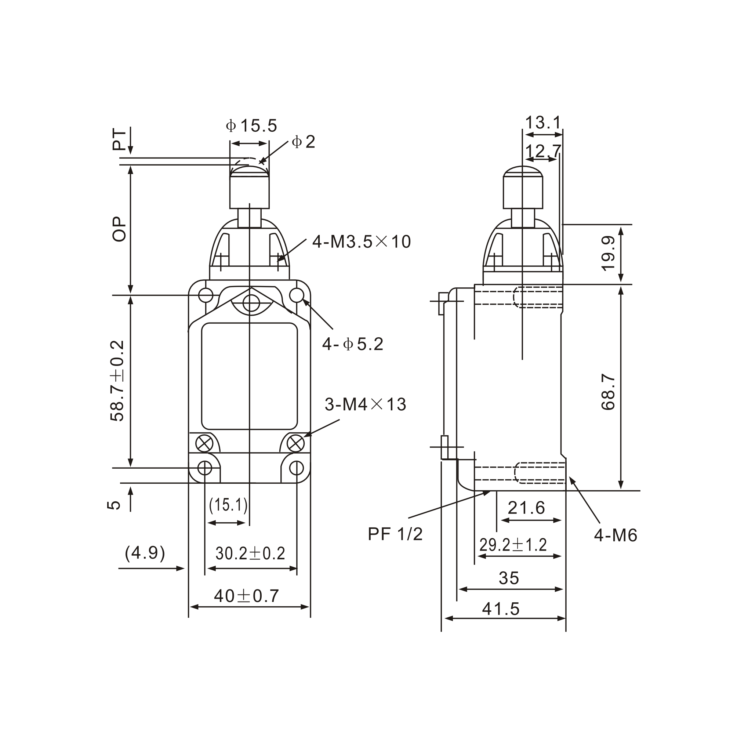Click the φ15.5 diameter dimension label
(x=252, y=126)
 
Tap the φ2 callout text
(x=304, y=142)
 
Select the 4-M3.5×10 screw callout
(x=361, y=242)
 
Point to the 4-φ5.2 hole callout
(x=353, y=344)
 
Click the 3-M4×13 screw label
(x=365, y=404)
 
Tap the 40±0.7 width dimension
(x=246, y=596)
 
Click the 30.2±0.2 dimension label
(x=250, y=553)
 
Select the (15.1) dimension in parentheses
(x=228, y=505)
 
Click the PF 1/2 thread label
(x=395, y=534)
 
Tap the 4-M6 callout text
(x=616, y=535)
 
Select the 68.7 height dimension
(x=608, y=392)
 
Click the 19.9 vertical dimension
(x=608, y=254)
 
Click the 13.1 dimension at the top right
(x=543, y=123)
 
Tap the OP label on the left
(x=119, y=229)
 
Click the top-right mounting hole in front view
(x=297, y=295)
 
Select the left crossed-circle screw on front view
(x=204, y=443)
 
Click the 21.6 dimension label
(x=526, y=508)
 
